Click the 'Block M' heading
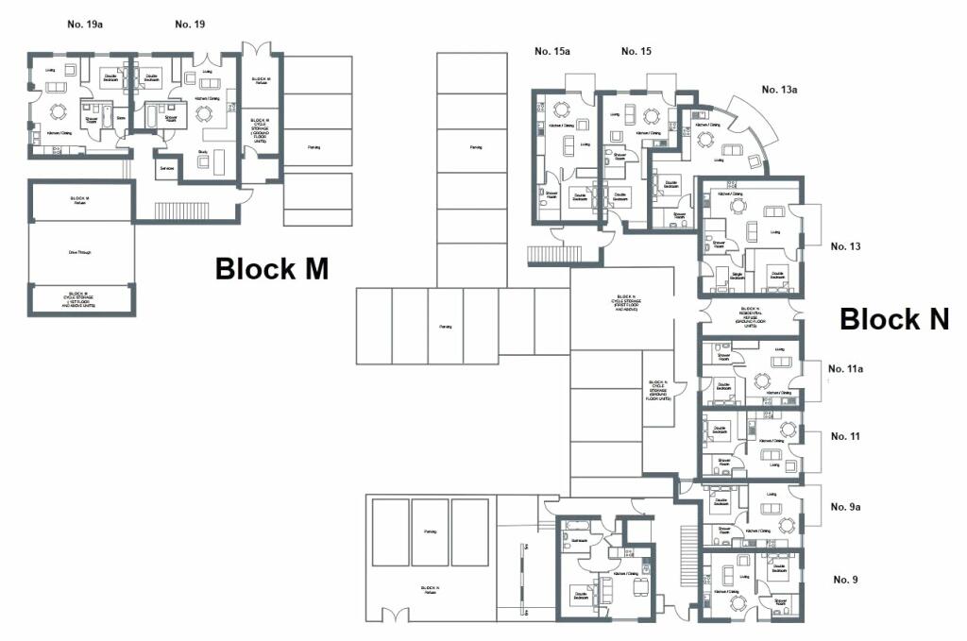272,269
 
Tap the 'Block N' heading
893,319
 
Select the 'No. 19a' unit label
85,24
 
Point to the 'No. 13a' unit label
780,90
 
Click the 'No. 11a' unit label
845,369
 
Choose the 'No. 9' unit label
845,579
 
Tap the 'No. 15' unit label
636,51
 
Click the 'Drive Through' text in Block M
79,252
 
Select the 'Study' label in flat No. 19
202,151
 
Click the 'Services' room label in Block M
167,168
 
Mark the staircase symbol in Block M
174,210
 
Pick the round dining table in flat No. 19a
58,110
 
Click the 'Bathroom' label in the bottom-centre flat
579,540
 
